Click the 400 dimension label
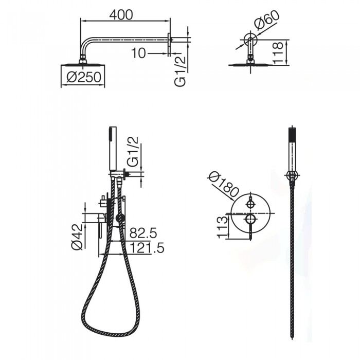[x=121, y=15]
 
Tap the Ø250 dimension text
[x=84, y=77]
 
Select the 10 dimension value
[x=138, y=53]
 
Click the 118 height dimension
[x=278, y=52]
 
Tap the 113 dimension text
[x=223, y=227]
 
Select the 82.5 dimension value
[x=143, y=233]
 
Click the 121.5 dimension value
[x=147, y=247]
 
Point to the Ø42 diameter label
[x=77, y=237]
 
